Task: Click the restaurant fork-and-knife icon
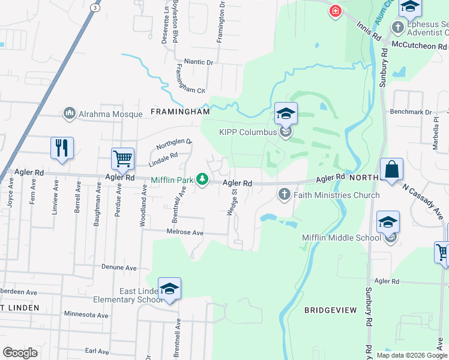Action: [x=62, y=148]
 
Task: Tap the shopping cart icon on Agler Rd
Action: [x=122, y=159]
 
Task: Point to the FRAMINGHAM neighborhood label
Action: [x=180, y=112]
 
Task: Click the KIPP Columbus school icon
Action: [x=286, y=113]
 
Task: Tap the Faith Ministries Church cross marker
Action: [x=284, y=194]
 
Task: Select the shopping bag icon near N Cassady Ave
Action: [x=391, y=169]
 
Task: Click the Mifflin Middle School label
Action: [x=340, y=238]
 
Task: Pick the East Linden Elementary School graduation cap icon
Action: [x=169, y=289]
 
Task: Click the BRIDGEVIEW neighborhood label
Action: [x=331, y=310]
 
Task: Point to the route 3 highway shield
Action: [x=94, y=7]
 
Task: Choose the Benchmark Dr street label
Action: [x=411, y=112]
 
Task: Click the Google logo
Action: [x=20, y=353]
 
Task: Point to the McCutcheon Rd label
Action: [x=420, y=46]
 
